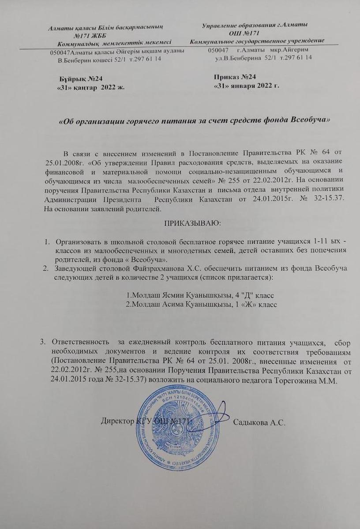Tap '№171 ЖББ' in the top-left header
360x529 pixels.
tap(91, 35)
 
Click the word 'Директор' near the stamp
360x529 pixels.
tap(116, 421)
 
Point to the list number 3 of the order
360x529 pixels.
tap(43, 342)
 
